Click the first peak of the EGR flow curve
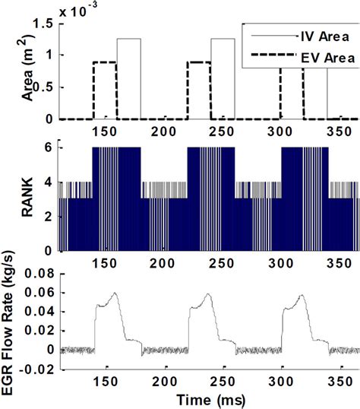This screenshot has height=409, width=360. tap(114, 293)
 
